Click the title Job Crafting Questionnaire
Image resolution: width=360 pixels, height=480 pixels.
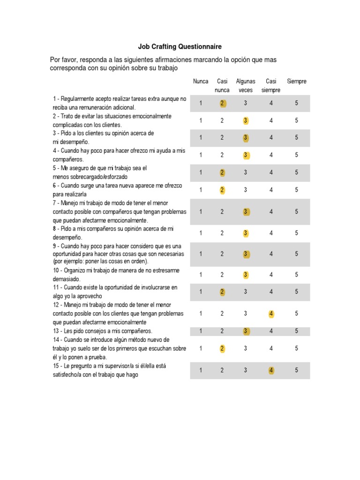coord(180,47)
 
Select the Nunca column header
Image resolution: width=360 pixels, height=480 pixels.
coord(201,82)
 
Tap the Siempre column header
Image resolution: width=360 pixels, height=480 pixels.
coord(296,82)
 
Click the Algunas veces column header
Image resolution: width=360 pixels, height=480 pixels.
coord(246,86)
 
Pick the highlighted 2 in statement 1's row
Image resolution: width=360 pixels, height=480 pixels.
coord(222,103)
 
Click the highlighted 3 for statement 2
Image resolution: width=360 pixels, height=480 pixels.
coord(246,120)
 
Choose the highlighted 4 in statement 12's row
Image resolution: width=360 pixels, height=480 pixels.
coord(271,314)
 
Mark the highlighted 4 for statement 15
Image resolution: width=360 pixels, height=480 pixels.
coord(271,370)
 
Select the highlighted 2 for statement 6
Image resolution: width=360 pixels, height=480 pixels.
coord(222,190)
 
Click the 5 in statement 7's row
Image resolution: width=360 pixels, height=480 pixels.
coord(296,212)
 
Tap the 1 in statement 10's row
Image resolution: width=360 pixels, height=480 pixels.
coord(201,275)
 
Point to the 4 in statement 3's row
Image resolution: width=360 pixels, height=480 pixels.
coord(271,138)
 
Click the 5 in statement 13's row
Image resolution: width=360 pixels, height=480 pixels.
coord(296,331)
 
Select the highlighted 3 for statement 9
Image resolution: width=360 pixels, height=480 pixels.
coord(246,254)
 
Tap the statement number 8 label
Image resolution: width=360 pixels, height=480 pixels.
coord(54,229)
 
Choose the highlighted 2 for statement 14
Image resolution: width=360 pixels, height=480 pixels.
coord(222,348)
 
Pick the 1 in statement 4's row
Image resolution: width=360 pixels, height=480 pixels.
coord(201,155)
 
